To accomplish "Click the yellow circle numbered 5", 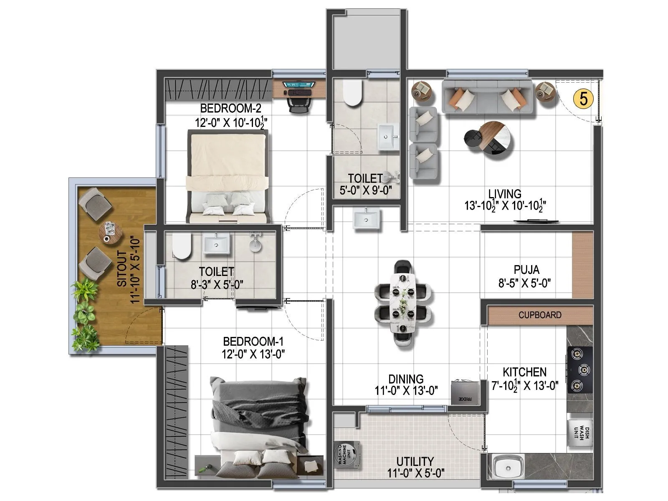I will (x=583, y=99).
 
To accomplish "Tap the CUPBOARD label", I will (x=540, y=315).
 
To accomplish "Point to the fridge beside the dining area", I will (x=465, y=392).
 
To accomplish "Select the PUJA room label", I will (x=526, y=270).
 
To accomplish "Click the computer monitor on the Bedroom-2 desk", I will (x=299, y=85).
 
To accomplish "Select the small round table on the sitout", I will (x=110, y=232).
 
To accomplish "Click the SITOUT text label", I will (x=122, y=268).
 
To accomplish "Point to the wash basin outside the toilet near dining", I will (x=367, y=218).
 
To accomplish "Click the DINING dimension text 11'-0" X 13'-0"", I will (x=406, y=391).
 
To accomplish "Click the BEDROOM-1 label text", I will (x=253, y=342).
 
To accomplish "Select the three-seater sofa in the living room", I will (x=487, y=97).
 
